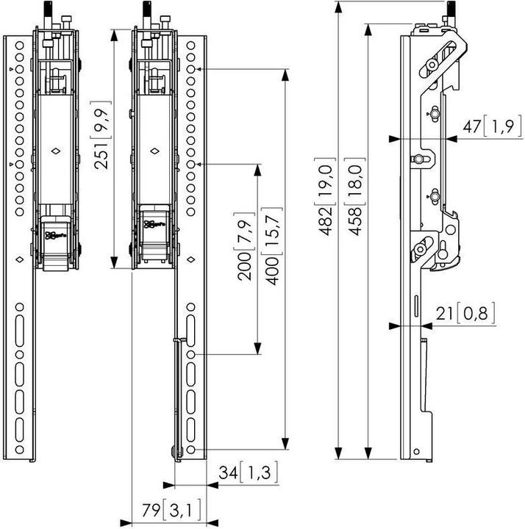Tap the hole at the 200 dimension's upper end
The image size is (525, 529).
click(x=190, y=163)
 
